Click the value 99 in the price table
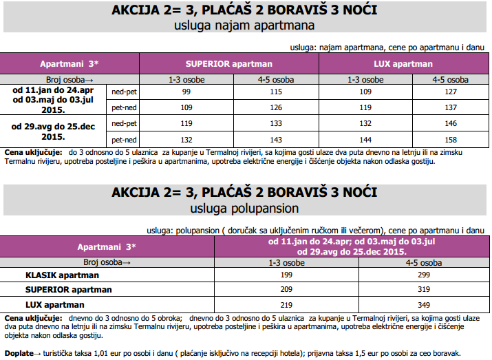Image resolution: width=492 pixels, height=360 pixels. click(x=186, y=92)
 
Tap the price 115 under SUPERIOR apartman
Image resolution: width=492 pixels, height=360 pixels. click(x=276, y=92)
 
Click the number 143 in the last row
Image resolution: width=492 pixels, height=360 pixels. click(x=276, y=139)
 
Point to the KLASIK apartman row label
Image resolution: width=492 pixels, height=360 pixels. click(x=59, y=275)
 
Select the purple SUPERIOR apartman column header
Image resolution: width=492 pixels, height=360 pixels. click(x=229, y=63)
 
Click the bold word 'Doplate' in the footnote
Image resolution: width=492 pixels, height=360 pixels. click(x=20, y=352)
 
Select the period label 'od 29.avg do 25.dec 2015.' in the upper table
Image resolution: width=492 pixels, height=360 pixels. click(x=53, y=131)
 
